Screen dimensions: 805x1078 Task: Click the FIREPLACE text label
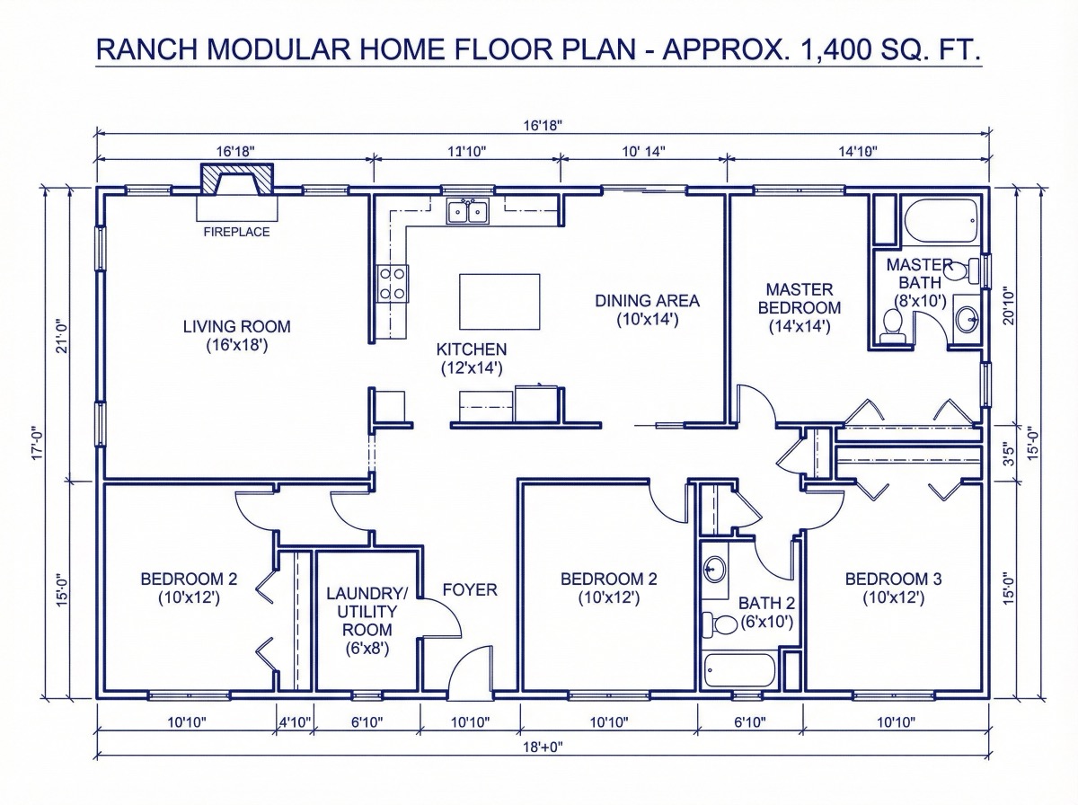point(236,232)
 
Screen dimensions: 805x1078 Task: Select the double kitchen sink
point(468,212)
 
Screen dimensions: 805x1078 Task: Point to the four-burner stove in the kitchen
point(392,284)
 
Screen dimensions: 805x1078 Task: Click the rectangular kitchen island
point(499,302)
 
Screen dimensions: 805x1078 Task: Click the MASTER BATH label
point(918,274)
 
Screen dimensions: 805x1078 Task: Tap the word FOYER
point(470,589)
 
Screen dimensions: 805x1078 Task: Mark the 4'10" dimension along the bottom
point(295,721)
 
